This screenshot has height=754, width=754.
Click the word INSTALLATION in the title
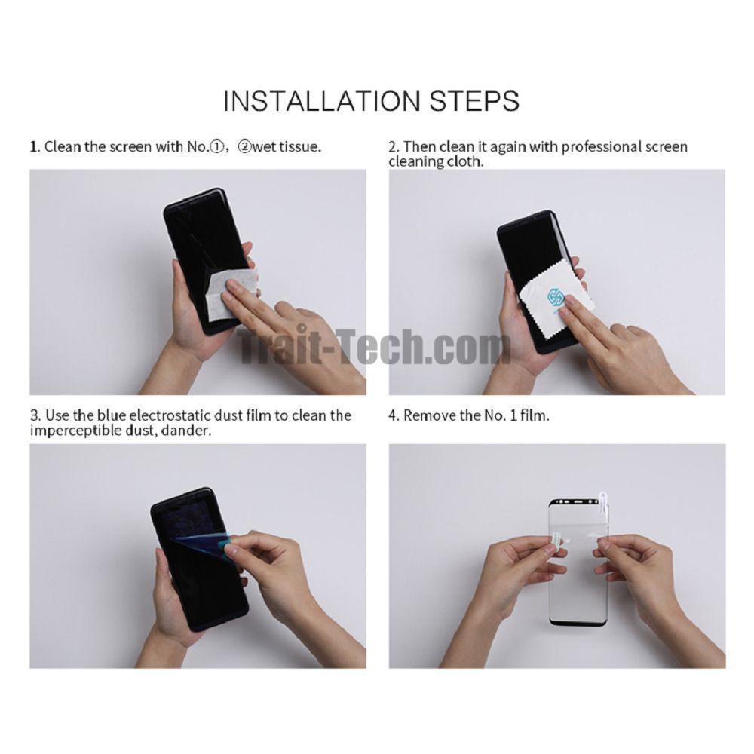(x=322, y=101)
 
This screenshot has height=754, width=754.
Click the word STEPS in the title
(x=474, y=101)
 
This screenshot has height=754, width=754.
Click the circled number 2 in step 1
(x=244, y=146)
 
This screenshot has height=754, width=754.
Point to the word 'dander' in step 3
(x=185, y=431)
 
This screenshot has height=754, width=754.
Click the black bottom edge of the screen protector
(x=579, y=623)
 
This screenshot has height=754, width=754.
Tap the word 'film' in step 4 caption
(x=535, y=415)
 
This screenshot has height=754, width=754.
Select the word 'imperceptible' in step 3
(x=75, y=431)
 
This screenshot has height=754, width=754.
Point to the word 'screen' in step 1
(x=130, y=147)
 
